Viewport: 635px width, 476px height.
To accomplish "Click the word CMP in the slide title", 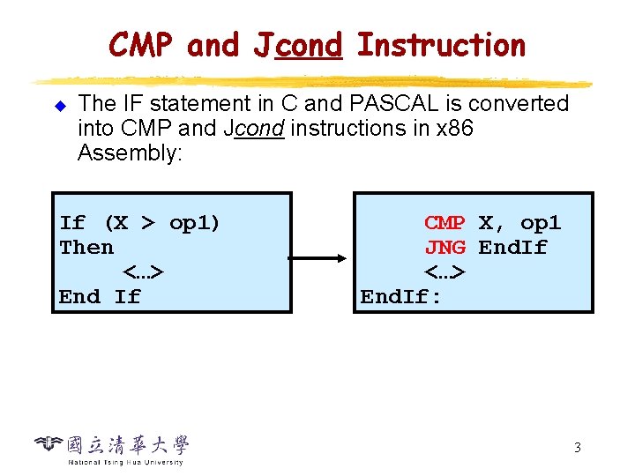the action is click(140, 45).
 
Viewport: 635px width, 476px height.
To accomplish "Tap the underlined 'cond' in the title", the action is click(309, 45).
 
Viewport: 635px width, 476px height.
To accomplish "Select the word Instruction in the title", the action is click(442, 45).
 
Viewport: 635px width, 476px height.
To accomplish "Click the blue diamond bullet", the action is click(60, 106).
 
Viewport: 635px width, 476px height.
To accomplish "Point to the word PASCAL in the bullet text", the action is click(393, 103).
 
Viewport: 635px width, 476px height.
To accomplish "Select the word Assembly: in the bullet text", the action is click(130, 153).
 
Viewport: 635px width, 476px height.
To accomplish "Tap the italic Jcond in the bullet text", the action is click(254, 129).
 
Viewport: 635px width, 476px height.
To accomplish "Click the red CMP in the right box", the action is click(444, 223).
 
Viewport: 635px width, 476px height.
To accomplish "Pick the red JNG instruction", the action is click(445, 248).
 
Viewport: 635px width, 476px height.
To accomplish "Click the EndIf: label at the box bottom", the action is click(400, 297).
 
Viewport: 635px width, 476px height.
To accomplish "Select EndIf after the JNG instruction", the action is click(512, 248).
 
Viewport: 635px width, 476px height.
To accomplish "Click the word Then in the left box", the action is click(86, 248).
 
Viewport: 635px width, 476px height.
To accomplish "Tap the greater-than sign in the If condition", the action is click(148, 223).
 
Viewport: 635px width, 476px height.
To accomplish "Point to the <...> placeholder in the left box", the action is click(144, 272).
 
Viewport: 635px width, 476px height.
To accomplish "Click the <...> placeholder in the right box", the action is click(444, 272).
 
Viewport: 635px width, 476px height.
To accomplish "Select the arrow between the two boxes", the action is click(317, 257).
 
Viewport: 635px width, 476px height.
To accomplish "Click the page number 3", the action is click(578, 447).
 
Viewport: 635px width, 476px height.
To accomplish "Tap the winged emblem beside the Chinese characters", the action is click(49, 443).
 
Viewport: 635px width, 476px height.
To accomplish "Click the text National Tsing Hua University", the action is click(125, 462).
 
